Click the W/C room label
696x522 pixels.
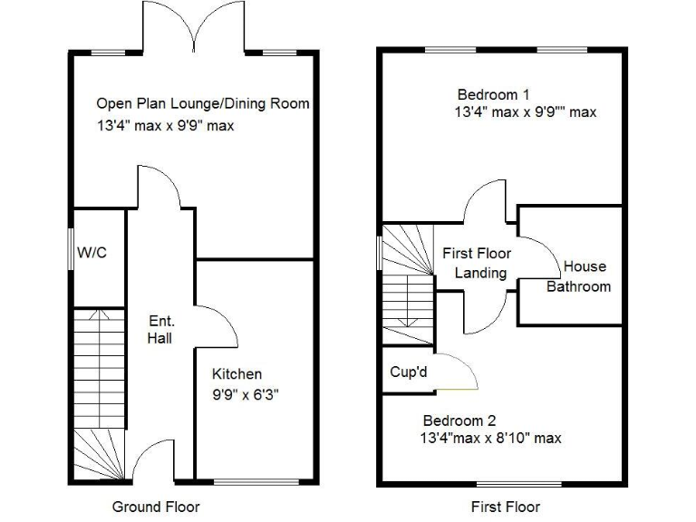[92, 252]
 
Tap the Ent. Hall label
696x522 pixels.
[160, 330]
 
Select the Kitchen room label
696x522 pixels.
[237, 374]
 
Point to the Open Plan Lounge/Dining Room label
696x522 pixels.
[203, 104]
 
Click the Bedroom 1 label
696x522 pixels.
[493, 94]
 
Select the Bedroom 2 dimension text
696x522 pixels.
[490, 439]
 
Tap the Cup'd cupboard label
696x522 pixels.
[409, 372]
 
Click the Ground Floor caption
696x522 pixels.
[156, 506]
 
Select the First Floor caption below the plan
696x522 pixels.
[506, 506]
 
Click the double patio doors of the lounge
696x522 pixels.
[193, 27]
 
